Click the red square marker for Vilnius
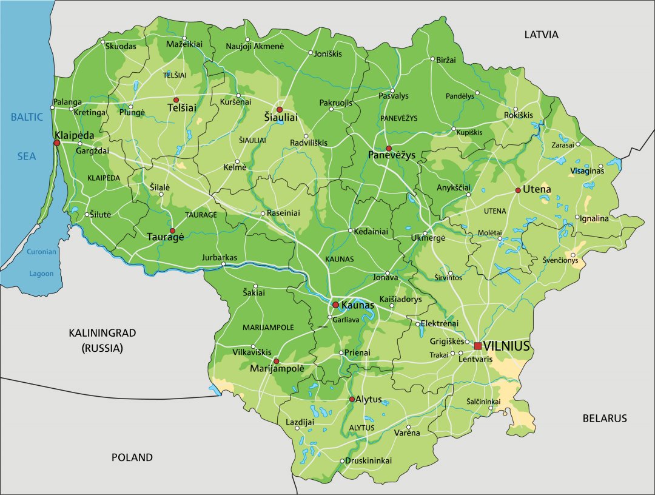478,346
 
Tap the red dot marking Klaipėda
56,143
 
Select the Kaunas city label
358,305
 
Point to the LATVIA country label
541,35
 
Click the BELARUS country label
604,418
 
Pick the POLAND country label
132,457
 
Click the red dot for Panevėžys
389,148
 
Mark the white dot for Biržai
432,59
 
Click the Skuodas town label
121,45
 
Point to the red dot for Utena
518,190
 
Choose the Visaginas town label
587,171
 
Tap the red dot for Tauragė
172,231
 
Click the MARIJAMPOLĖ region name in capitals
268,327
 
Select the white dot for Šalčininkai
491,408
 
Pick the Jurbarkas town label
220,258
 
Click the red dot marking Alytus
352,399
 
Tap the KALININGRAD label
102,332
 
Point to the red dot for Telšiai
176,99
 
